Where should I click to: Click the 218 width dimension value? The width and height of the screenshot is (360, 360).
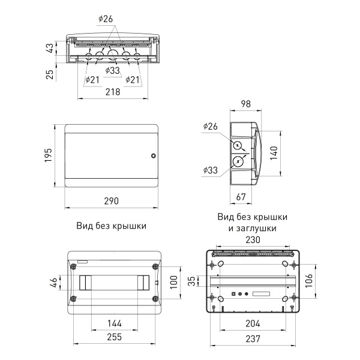113,92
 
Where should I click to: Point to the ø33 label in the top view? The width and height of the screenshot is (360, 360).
112,71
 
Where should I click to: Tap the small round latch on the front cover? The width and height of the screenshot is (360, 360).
153,156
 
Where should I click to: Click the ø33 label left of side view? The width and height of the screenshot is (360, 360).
211,170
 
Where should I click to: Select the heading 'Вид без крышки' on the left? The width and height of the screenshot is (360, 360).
112,226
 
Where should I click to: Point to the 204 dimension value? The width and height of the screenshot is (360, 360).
252,323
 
